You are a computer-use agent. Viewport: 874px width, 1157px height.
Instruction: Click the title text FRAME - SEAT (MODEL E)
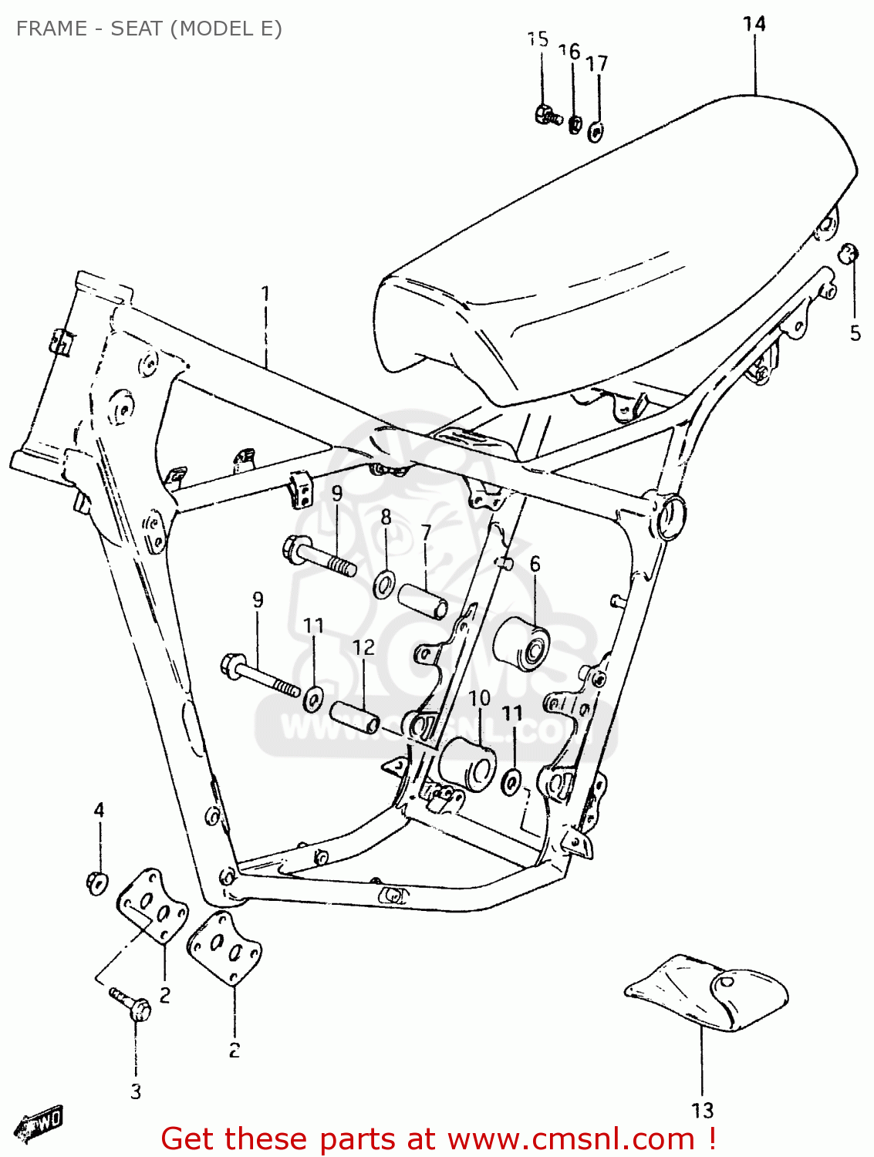tap(149, 29)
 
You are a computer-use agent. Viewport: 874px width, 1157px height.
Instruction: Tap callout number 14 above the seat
tap(754, 24)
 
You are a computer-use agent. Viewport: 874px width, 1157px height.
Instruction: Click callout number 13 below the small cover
tap(702, 1111)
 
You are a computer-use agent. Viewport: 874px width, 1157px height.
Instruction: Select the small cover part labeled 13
tap(708, 993)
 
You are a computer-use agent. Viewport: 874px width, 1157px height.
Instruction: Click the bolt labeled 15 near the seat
tap(547, 116)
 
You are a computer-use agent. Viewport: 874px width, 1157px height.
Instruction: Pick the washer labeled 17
tap(596, 131)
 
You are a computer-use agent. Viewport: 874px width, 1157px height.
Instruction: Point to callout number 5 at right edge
tap(855, 333)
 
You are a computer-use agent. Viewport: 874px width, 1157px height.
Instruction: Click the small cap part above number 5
tap(849, 252)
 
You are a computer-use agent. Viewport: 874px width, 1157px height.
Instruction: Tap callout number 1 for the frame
tap(265, 294)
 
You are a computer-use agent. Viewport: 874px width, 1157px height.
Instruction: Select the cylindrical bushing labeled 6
tap(521, 643)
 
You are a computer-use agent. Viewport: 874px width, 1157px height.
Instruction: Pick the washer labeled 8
tap(384, 585)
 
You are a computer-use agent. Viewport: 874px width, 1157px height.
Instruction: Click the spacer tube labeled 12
tap(355, 717)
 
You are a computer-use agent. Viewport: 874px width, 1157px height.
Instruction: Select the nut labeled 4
tap(96, 881)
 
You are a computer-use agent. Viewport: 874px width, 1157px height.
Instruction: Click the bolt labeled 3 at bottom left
tap(131, 1004)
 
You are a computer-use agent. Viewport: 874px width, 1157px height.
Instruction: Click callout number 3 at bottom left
tap(136, 1091)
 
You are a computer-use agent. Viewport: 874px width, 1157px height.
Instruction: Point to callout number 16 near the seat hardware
tap(569, 52)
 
